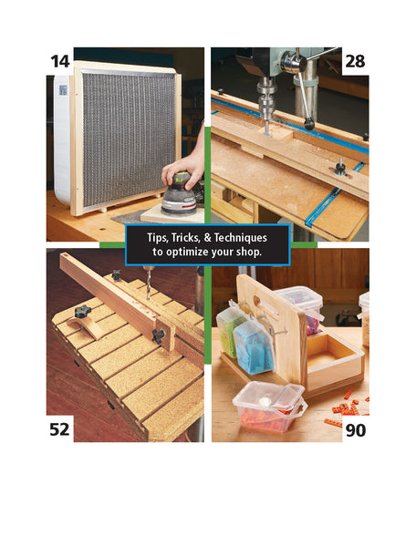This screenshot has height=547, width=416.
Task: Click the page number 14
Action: click(x=60, y=61)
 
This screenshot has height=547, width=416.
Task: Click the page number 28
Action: click(x=355, y=61)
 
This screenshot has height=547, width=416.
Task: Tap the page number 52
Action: click(x=59, y=429)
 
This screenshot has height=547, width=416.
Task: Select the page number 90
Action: click(x=356, y=430)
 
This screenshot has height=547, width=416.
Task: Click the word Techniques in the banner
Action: click(x=241, y=238)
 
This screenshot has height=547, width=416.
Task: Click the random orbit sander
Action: click(x=179, y=194)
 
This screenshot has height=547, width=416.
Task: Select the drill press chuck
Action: click(x=266, y=100)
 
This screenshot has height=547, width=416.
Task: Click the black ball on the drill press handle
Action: click(x=309, y=124)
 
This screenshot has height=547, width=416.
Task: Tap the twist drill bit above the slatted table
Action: click(x=150, y=282)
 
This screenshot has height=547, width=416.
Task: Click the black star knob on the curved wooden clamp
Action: click(x=82, y=311)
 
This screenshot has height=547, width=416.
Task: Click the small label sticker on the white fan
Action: click(x=63, y=90)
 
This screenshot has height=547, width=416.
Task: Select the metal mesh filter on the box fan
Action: click(x=130, y=139)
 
